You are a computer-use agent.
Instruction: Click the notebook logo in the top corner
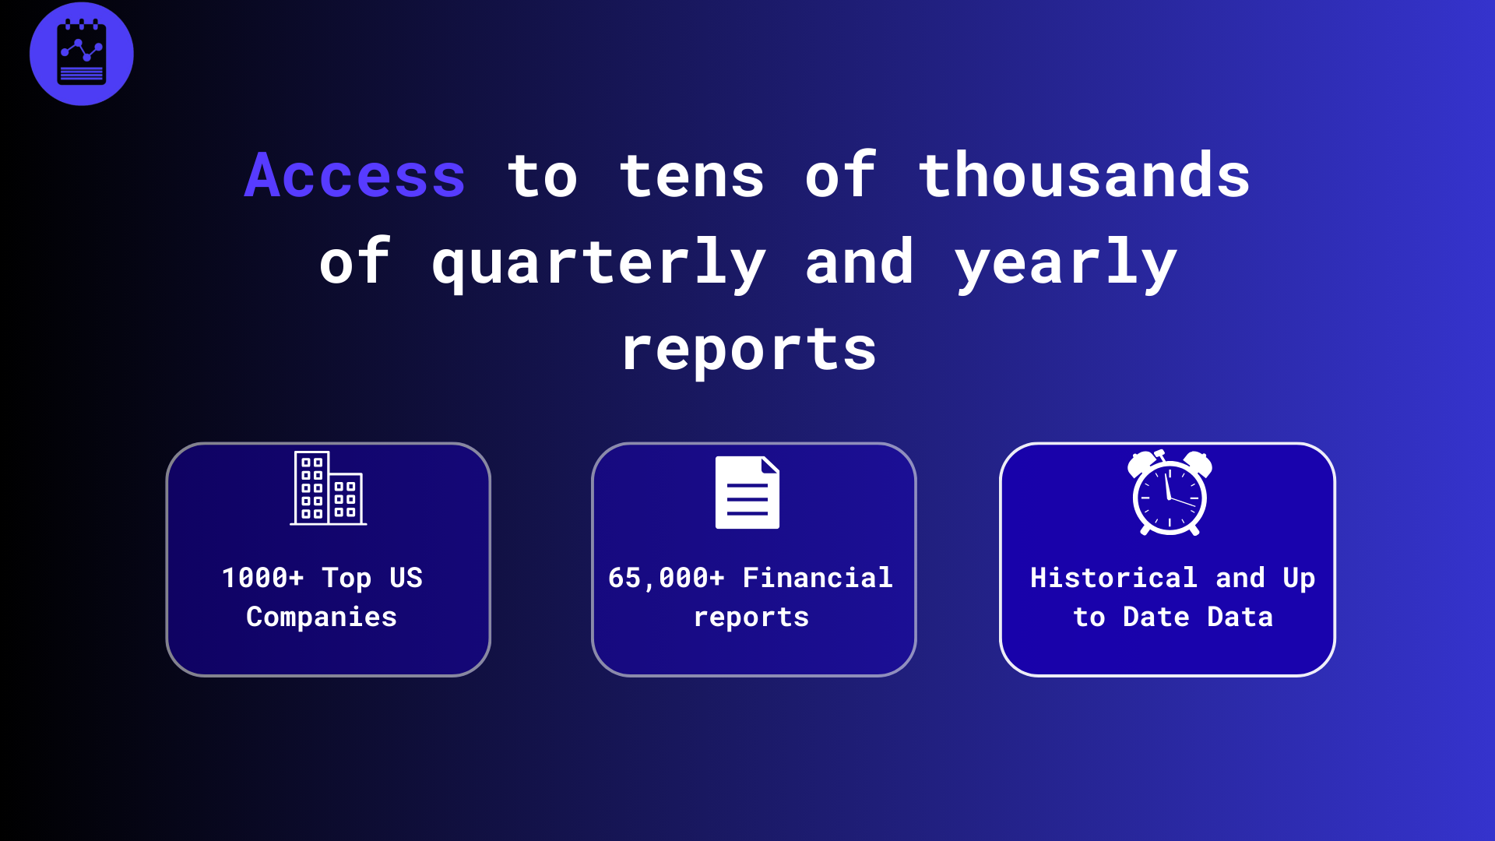pos(82,54)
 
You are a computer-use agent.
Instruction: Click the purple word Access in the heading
pos(355,176)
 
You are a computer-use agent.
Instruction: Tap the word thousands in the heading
pos(1084,176)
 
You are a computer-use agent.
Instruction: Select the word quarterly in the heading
pos(599,263)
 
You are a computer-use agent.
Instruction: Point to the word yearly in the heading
pos(1066,263)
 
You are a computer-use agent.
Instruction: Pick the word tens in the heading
pos(692,176)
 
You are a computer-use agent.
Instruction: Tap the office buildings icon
pos(328,488)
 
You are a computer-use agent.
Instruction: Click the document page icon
pos(747,492)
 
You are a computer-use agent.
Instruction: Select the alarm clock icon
pos(1170,493)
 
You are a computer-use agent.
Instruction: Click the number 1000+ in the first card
pos(262,578)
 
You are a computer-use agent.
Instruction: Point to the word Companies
pos(322,617)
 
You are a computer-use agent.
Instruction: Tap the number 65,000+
pos(666,578)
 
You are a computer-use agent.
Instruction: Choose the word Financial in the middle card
pos(818,578)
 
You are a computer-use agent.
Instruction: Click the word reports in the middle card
pos(751,617)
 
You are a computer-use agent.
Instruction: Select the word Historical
pos(1113,578)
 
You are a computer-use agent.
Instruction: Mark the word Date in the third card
pos(1156,617)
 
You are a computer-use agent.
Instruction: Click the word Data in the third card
pos(1240,617)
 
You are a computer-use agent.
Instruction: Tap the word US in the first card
pos(406,578)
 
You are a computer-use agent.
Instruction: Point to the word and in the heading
pos(859,263)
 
